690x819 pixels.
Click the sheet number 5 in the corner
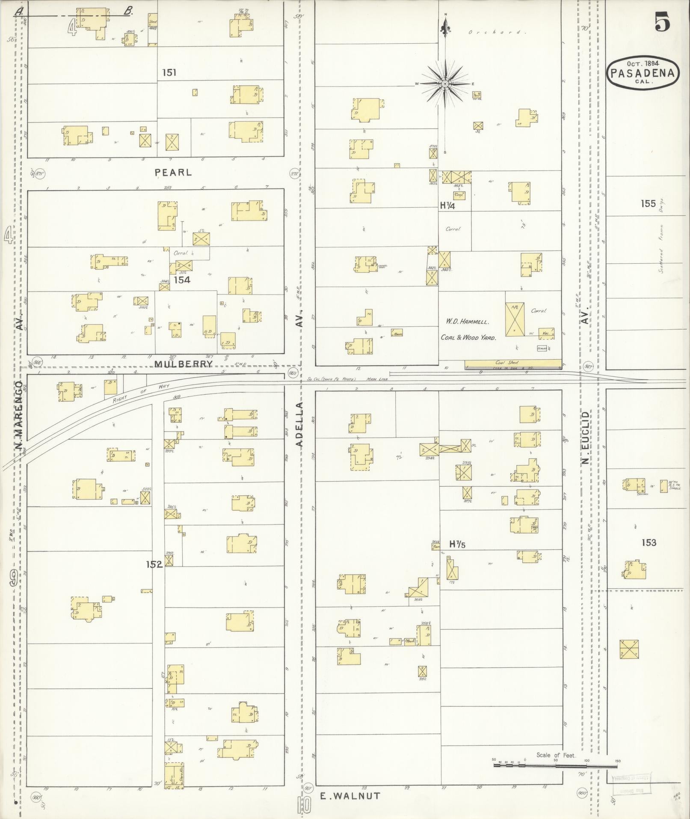point(662,22)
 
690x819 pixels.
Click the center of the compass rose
point(445,83)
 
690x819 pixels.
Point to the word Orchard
point(495,32)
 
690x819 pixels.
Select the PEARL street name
point(173,173)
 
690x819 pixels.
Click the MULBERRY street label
point(184,364)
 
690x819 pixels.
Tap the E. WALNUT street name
point(350,796)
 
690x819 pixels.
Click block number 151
point(169,73)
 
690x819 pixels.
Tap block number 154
point(182,280)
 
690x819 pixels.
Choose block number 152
point(154,564)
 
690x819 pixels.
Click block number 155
point(648,204)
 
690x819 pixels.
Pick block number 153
point(649,542)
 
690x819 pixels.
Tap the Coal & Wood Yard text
point(468,337)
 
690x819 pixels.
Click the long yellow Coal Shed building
point(512,364)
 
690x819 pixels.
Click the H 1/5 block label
point(457,544)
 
